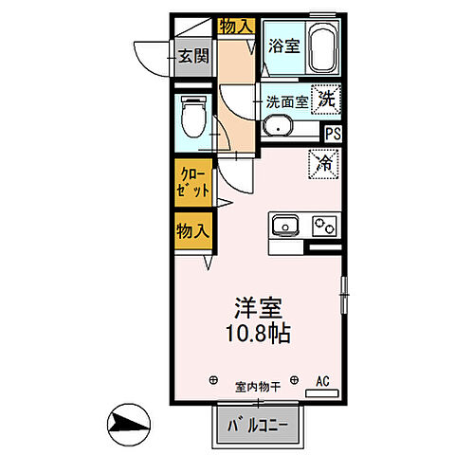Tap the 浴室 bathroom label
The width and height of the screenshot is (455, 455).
283,45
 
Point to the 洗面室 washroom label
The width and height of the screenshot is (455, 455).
286,100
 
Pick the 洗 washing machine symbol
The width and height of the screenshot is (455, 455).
326,98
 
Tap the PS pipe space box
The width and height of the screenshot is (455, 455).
333,134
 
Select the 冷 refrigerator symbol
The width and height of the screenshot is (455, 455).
324,164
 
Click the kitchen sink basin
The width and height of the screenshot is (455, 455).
285,226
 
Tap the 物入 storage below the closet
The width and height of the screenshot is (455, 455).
192,230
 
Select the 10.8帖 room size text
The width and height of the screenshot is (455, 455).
258,335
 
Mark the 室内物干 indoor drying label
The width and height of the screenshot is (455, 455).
258,386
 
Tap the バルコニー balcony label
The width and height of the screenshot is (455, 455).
258,424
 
